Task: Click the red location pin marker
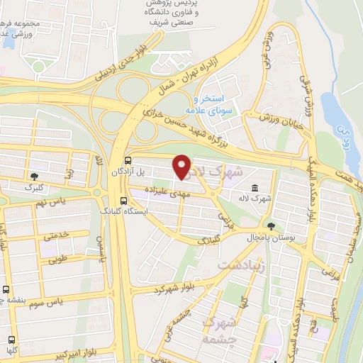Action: pyautogui.click(x=182, y=166)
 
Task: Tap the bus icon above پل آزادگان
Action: pyautogui.click(x=128, y=161)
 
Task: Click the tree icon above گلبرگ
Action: pyautogui.click(x=34, y=176)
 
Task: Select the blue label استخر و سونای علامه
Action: pyautogui.click(x=220, y=104)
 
